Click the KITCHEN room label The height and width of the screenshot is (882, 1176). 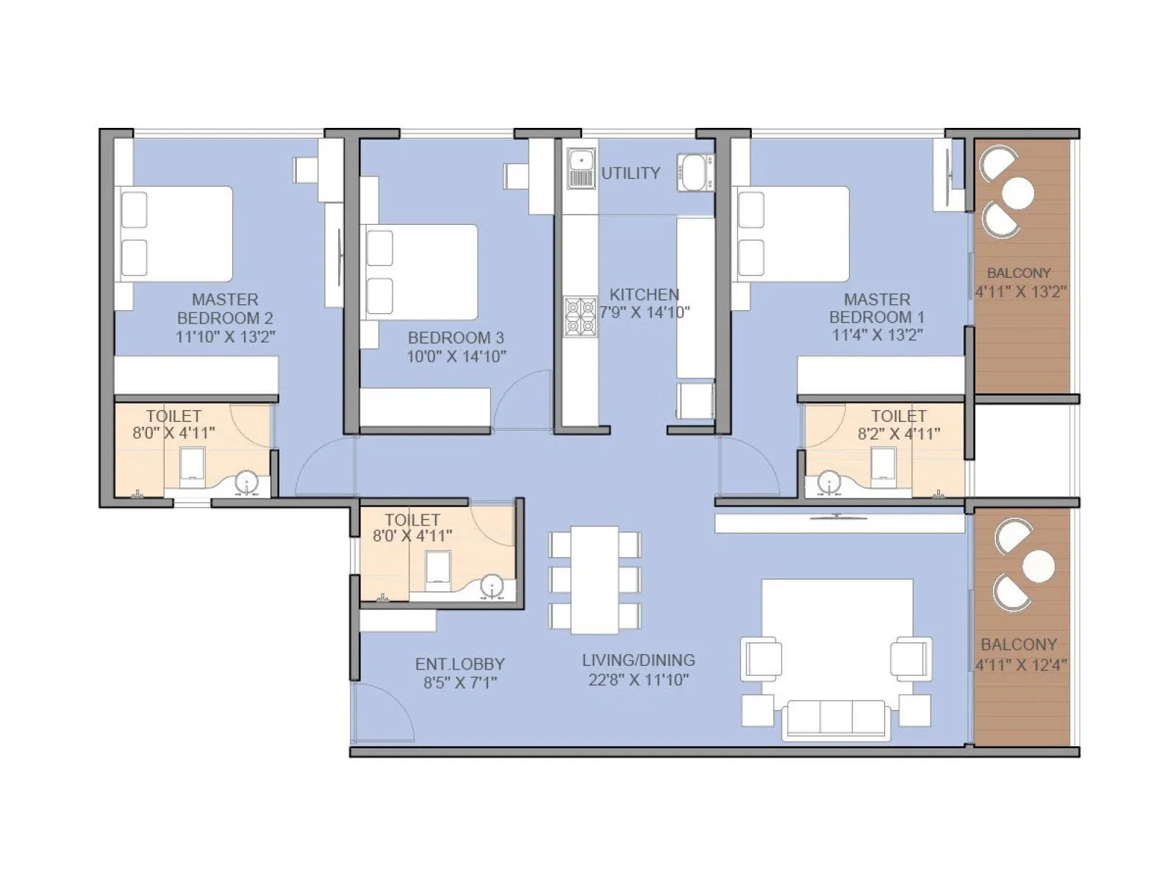[644, 294]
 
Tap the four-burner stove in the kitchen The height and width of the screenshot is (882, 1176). [580, 317]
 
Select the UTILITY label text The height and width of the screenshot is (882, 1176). [631, 173]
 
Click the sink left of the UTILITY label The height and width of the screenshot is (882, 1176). [581, 168]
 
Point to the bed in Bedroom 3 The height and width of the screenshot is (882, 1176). [421, 271]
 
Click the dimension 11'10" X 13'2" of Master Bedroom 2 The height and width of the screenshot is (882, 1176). [225, 337]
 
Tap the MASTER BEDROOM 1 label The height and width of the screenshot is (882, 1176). [877, 309]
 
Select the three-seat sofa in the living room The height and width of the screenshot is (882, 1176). [835, 719]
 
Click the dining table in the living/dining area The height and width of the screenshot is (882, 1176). [595, 579]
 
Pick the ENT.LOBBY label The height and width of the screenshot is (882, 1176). [459, 664]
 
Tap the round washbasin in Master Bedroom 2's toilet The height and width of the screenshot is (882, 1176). [245, 484]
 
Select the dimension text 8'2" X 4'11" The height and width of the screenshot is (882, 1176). [899, 434]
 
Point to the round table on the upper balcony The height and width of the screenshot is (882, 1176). [1018, 193]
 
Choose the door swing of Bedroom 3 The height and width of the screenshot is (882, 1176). [523, 401]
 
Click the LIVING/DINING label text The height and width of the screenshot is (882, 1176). [638, 660]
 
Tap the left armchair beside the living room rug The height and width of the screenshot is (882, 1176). [761, 657]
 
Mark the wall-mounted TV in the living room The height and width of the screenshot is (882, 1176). [837, 517]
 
